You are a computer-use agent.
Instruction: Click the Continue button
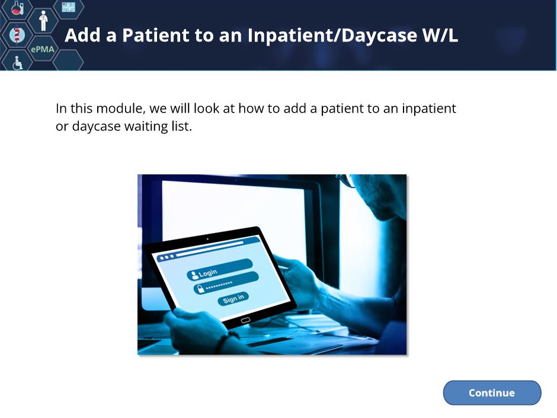point(492,393)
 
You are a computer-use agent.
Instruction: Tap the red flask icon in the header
point(17,8)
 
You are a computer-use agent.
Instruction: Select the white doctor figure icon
point(43,21)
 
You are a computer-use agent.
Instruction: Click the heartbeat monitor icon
point(69,7)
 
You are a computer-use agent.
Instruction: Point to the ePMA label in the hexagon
point(43,49)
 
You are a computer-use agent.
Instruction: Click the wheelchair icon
point(17,63)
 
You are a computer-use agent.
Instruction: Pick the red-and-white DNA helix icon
point(17,35)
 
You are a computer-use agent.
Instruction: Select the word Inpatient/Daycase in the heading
point(332,36)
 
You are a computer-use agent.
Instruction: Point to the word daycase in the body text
point(96,126)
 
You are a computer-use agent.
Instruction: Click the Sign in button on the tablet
point(233,299)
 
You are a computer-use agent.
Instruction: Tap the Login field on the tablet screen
point(219,269)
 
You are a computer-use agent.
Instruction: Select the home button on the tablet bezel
point(245,320)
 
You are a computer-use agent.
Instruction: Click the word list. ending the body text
point(182,126)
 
